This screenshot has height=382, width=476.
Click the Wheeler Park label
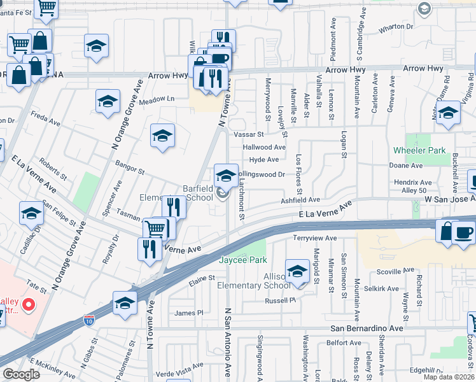[418, 150]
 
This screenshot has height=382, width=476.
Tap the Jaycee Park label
[242, 260]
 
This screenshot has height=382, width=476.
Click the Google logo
[21, 374]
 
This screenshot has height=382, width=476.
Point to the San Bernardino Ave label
[366, 328]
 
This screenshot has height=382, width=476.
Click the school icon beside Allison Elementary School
[297, 272]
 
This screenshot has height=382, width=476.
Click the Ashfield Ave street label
[300, 200]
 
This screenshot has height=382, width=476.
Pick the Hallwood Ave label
[264, 147]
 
